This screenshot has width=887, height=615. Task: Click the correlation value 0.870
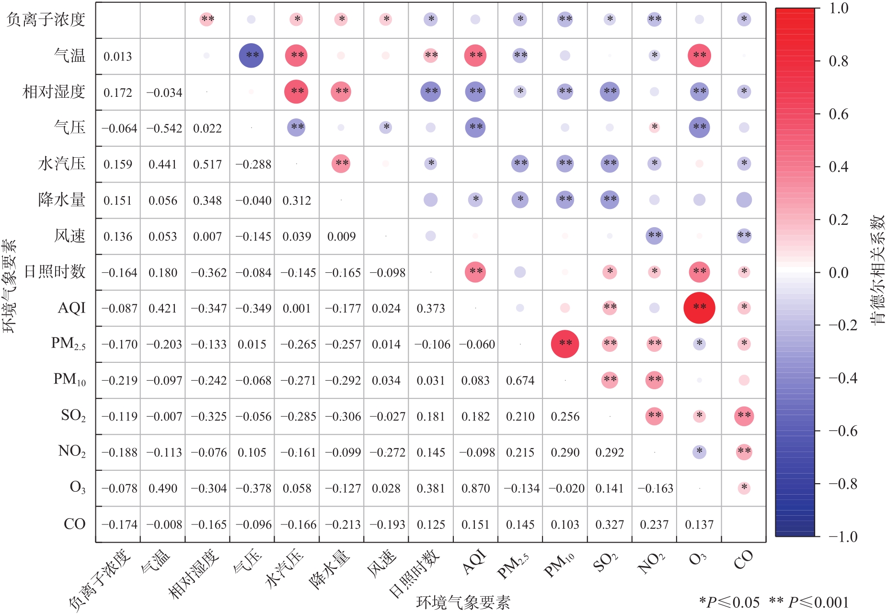[475, 488]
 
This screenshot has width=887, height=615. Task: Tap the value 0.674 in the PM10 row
[520, 381]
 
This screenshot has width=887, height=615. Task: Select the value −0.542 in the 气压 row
[164, 128]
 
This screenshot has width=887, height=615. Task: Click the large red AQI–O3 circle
[699, 308]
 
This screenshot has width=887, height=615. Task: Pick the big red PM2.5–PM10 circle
[565, 344]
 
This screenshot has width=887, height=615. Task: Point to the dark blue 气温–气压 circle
[252, 56]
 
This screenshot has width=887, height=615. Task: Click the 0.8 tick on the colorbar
[838, 61]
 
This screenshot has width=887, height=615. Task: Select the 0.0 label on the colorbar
[838, 272]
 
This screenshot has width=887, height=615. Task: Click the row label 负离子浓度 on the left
[46, 20]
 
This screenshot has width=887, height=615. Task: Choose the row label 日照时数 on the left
[55, 272]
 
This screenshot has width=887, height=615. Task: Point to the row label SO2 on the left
[73, 415]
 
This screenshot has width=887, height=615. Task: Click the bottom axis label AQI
[474, 562]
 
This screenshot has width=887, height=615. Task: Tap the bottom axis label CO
[743, 560]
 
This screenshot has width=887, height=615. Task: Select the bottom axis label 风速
[381, 564]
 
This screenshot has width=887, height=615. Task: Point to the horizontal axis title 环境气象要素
[463, 603]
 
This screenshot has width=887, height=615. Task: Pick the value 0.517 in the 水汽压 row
[207, 164]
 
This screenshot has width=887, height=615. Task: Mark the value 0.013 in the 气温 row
[117, 57]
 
